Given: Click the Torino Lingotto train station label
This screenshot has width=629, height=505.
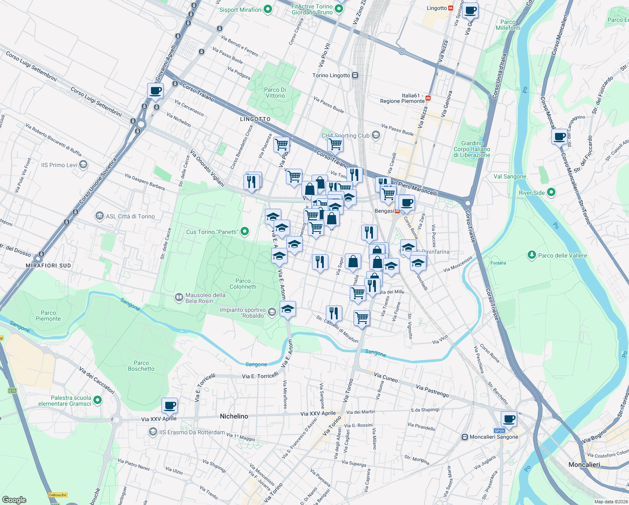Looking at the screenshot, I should coord(331,75).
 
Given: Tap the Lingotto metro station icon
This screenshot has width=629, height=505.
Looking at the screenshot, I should coord(451,8).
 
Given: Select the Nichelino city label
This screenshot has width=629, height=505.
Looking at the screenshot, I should coord(234,416).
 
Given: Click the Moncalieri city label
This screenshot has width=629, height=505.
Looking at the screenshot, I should coord(584,465).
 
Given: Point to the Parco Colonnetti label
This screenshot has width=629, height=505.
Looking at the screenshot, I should coord(243,284).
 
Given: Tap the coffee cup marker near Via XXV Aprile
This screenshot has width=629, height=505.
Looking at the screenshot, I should coord(169,406).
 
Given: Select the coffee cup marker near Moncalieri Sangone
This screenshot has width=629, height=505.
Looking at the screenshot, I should coord(509,419).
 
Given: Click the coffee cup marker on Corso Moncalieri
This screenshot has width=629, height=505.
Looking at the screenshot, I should coord(560,137).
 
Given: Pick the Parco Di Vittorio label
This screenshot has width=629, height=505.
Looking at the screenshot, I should coord(275,93).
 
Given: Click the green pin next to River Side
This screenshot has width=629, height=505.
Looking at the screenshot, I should coord(551,192).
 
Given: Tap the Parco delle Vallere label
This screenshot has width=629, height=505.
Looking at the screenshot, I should coord(562,255).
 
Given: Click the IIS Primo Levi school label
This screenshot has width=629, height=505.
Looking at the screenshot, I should coord(59,165).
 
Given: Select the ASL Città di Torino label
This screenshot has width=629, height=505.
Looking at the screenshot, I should coord(130,216).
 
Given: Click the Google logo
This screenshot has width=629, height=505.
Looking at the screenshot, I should coord(14,500).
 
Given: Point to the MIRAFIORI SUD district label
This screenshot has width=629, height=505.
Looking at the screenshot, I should coord(48,266).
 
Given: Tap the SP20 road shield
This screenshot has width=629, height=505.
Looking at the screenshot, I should coord(499,431).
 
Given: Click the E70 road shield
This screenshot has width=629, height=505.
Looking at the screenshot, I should coord(12,391).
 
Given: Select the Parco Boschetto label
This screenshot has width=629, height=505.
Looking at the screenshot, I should coord(141,366).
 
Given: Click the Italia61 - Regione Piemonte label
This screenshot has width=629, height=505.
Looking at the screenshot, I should coord(402,98).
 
